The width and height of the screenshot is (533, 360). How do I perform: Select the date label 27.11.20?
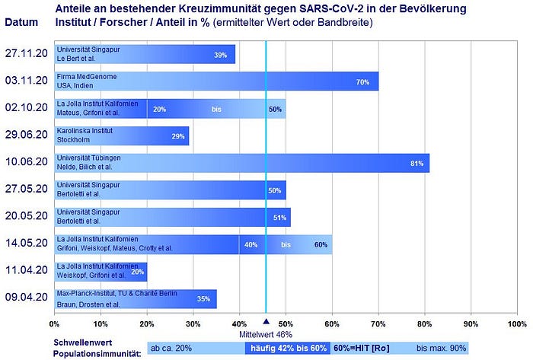coord(27,54)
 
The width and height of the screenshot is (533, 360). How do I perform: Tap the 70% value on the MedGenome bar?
coord(362,82)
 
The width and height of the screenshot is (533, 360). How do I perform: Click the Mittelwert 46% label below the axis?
coord(266,334)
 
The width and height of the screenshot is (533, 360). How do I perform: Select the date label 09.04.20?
coord(27,298)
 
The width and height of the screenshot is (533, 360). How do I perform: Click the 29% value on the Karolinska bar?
coord(178,137)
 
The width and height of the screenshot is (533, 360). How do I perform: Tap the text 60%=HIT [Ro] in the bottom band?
coord(360,348)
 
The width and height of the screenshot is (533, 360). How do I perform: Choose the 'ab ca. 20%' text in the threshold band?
coord(172,348)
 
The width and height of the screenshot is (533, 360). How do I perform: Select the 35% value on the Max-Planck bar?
coord(203,299)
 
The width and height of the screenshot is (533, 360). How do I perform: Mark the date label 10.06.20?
coord(27,162)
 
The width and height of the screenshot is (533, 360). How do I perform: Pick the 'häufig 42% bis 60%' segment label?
coord(287,348)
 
